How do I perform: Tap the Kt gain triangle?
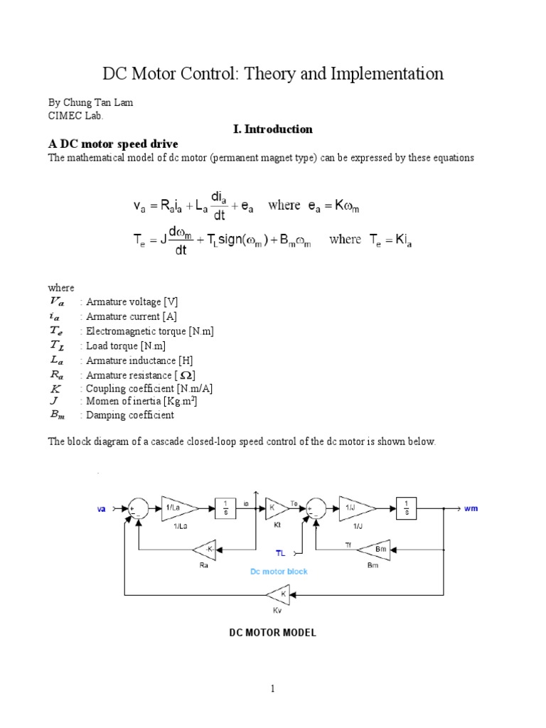tap(274, 507)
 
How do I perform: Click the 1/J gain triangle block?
tap(353, 507)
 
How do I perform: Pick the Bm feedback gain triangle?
tap(371, 549)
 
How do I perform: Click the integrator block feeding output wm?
tap(406, 507)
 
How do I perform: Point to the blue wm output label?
tap(471, 508)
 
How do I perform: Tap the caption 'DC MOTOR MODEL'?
tap(272, 632)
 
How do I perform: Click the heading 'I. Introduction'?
tap(272, 129)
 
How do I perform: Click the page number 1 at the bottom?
tap(272, 688)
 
